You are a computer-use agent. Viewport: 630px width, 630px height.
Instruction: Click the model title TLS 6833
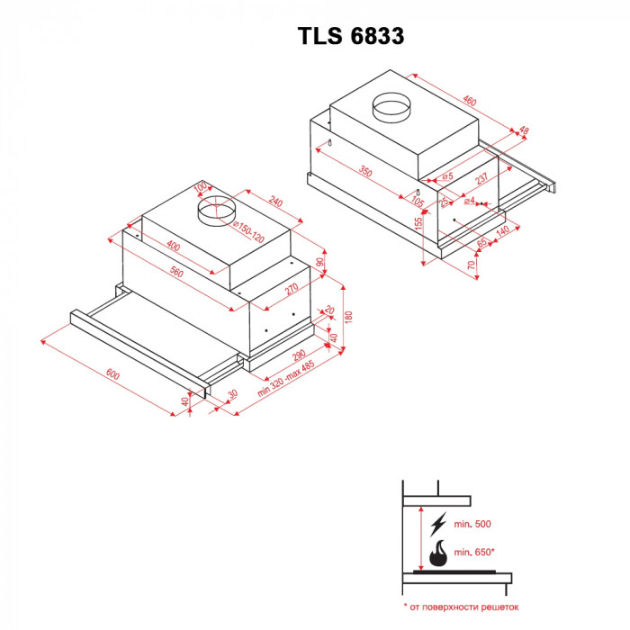tap(350, 36)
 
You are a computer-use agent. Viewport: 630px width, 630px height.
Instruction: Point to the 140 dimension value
tap(502, 231)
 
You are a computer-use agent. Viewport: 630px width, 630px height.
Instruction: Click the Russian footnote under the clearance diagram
tap(461, 607)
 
